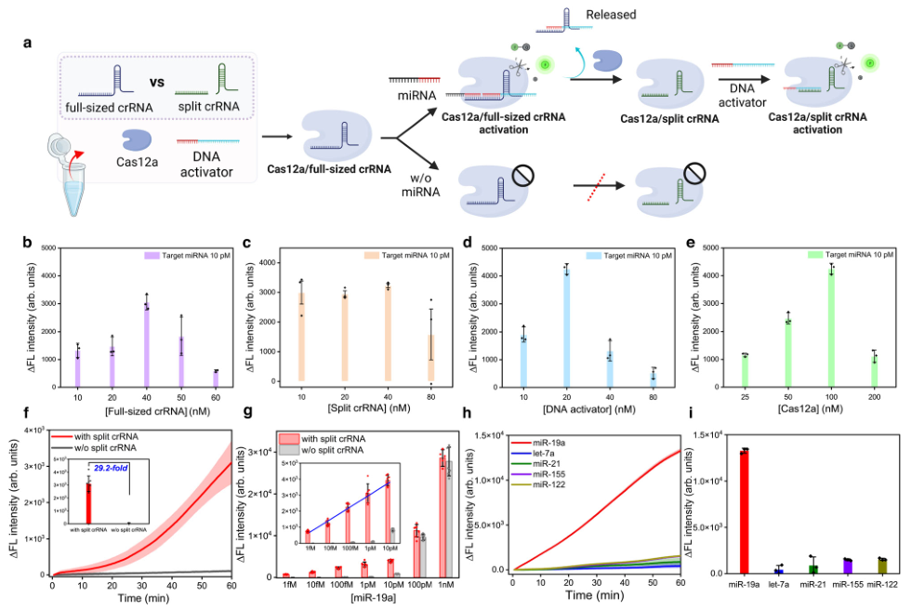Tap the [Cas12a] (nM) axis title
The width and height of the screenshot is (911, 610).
point(785,408)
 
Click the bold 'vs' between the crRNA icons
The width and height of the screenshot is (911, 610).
point(158,81)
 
